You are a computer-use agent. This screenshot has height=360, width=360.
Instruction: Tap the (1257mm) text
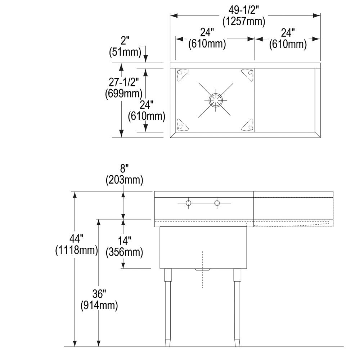244,21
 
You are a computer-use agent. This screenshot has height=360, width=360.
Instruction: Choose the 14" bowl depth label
124,240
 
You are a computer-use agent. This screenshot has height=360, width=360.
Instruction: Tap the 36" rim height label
99,294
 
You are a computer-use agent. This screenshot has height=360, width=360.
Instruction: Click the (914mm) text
99,306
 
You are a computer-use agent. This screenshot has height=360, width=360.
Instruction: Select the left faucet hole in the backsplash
188,203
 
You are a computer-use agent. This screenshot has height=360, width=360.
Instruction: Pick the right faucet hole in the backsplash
217,203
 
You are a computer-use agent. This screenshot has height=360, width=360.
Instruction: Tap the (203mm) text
124,180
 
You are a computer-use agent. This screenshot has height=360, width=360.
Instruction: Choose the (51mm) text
125,53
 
